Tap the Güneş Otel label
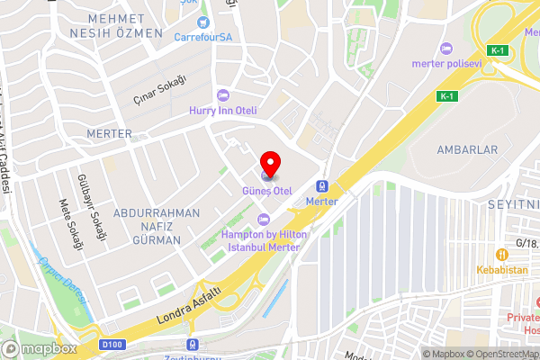pyautogui.click(x=267, y=191)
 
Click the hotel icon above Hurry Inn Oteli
pyautogui.click(x=224, y=95)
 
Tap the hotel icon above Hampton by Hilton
pyautogui.click(x=264, y=220)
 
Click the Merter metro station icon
pyautogui.click(x=321, y=187)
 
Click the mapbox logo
pyautogui.click(x=39, y=348)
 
